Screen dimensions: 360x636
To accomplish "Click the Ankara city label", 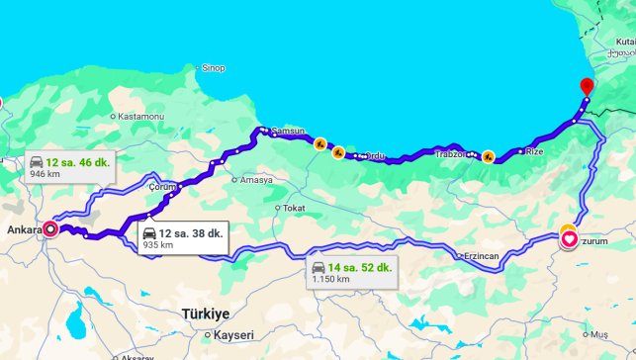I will click(x=23, y=229).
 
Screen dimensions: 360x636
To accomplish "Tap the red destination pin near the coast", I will click(x=587, y=87).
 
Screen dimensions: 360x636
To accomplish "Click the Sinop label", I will click(x=213, y=67).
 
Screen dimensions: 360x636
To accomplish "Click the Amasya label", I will click(x=255, y=180).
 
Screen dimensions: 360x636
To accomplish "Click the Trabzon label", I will click(x=451, y=154).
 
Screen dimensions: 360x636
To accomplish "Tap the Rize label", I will click(x=534, y=151).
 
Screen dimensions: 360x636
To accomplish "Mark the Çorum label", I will click(x=161, y=186).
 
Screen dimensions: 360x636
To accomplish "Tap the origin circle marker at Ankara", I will click(x=50, y=229).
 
